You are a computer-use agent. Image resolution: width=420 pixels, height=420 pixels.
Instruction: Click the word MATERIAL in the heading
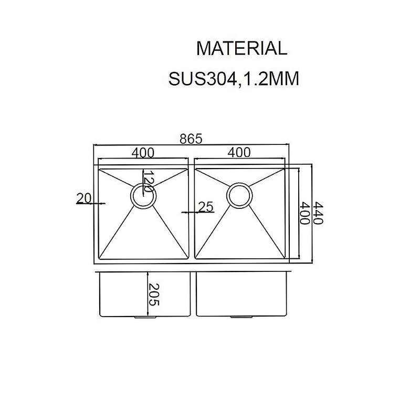tap(241, 48)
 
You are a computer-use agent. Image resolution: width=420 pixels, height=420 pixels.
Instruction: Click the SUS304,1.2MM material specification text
tap(234, 79)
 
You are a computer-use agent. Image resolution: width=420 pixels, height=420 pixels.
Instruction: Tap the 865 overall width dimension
tap(191, 139)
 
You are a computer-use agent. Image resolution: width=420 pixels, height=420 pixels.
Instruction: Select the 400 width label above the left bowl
tap(143, 153)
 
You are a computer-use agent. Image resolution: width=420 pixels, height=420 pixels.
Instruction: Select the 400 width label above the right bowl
tap(239, 152)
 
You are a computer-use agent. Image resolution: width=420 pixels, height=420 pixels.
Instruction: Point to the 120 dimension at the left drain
tap(148, 181)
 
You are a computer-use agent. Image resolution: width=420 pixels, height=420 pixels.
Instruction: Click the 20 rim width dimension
tap(84, 198)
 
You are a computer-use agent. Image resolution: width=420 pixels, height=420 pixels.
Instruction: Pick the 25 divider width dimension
tap(206, 207)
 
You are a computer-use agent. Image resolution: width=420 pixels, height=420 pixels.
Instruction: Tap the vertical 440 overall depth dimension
tap(319, 213)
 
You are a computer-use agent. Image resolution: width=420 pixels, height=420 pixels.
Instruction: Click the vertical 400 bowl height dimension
tap(304, 213)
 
